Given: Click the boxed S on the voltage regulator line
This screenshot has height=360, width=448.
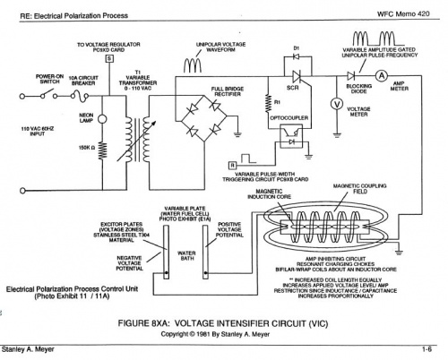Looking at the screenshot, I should click(109, 58).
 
